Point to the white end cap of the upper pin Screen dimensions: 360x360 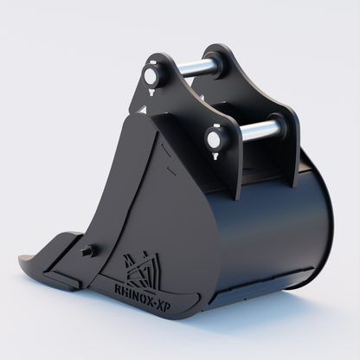point(154,75)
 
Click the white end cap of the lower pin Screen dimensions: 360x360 point(212,138)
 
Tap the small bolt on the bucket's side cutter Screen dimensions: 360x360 point(87,251)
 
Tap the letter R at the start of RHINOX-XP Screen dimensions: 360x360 point(119,282)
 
